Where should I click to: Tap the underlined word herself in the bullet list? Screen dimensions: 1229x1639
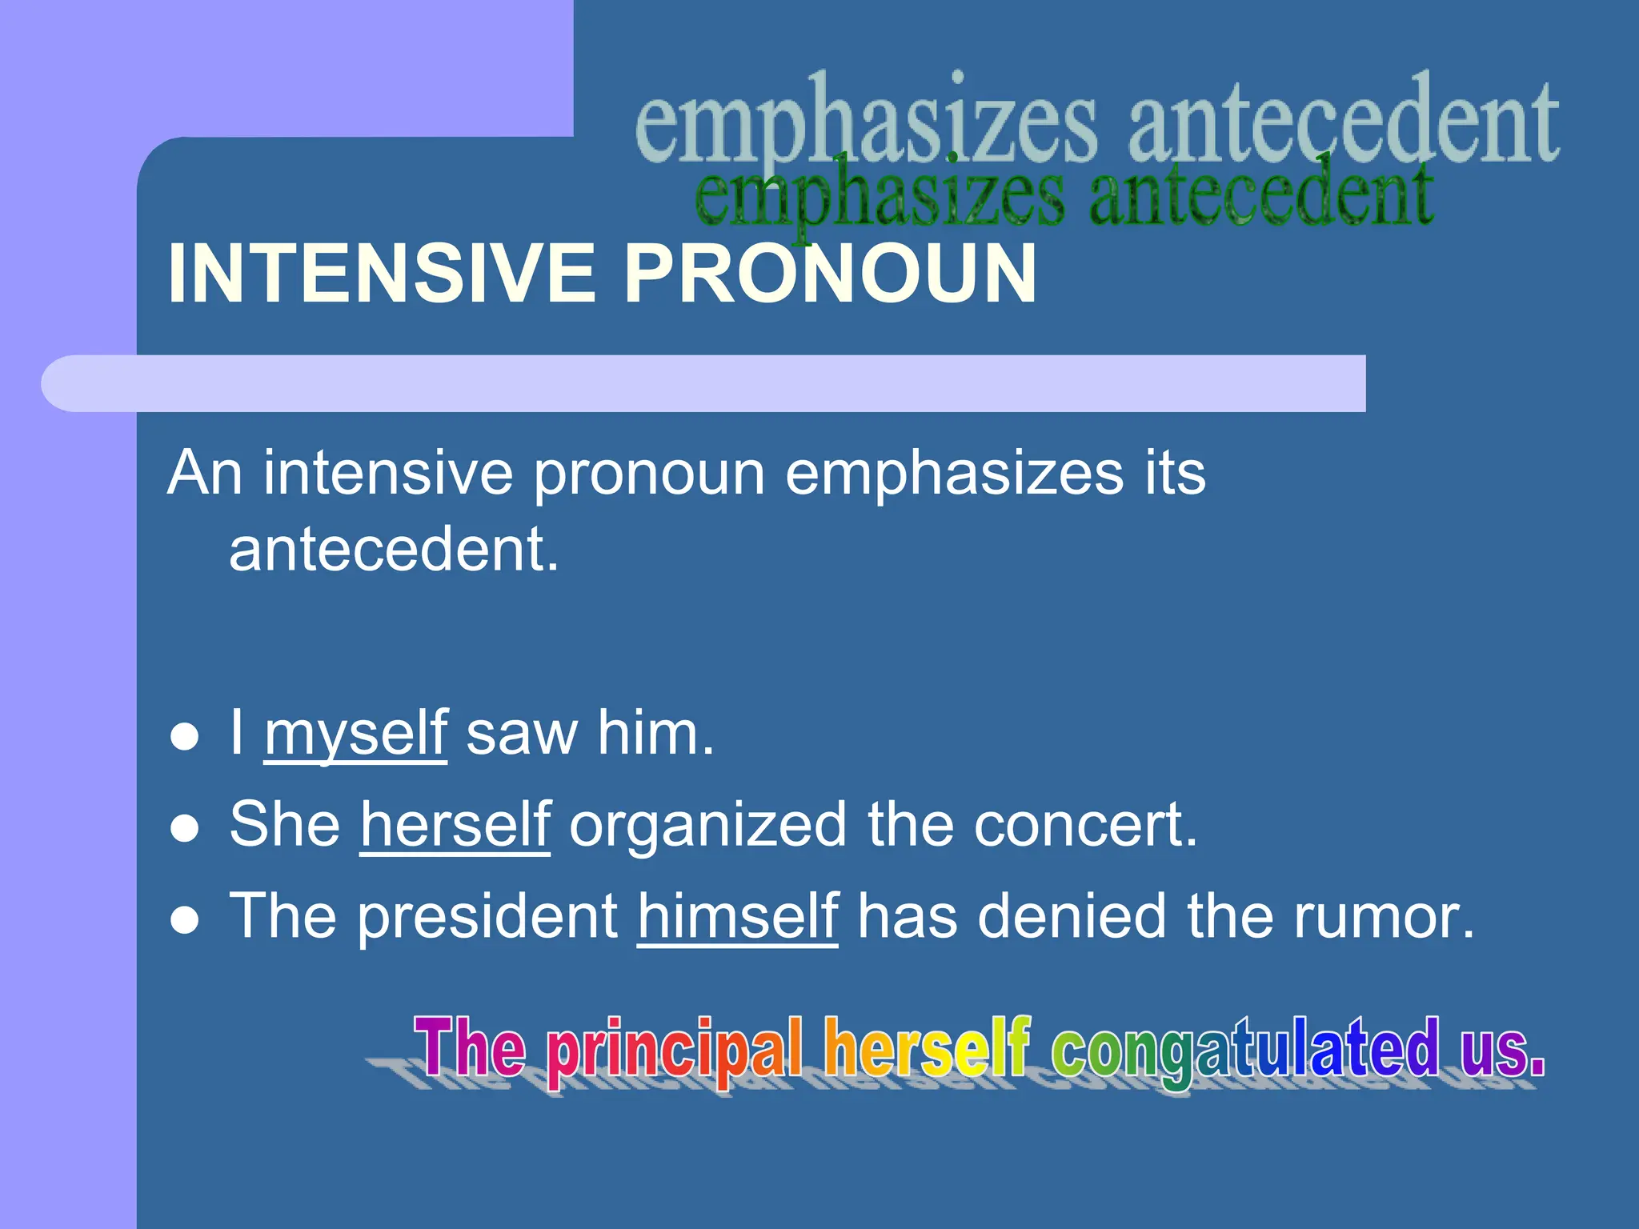tap(455, 825)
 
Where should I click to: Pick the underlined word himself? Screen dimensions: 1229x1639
tap(738, 916)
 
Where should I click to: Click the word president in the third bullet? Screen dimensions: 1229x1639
tap(487, 916)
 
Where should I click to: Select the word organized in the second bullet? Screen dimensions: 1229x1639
tap(707, 825)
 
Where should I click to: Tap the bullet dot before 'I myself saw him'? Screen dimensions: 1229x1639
tap(185, 737)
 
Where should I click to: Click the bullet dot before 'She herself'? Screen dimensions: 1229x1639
tap(185, 829)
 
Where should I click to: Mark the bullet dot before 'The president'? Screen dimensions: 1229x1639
tap(185, 920)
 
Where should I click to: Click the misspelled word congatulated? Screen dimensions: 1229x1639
tap(1244, 1048)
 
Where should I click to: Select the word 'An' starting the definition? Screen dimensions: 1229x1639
tap(205, 473)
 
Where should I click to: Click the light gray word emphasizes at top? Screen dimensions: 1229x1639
tap(865, 124)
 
